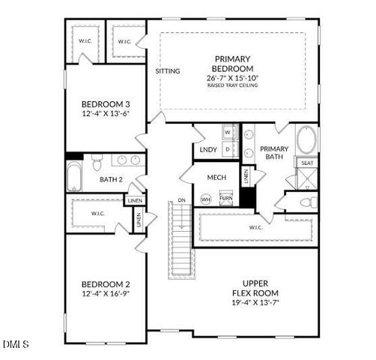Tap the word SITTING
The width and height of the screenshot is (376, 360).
coord(168,71)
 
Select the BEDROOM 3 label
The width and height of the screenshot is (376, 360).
coord(106,105)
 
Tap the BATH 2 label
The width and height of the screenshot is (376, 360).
coord(111,179)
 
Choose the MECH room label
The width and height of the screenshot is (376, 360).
coord(216,177)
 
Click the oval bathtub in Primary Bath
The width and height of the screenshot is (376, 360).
coord(306,140)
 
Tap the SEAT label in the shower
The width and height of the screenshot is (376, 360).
coord(307,163)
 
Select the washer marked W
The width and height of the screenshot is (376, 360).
coord(229,133)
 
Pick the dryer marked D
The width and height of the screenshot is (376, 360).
coord(229,150)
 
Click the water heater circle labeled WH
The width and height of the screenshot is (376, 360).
coord(206,199)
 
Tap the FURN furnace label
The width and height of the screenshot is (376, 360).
coord(225,199)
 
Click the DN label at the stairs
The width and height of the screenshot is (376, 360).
coord(181,200)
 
